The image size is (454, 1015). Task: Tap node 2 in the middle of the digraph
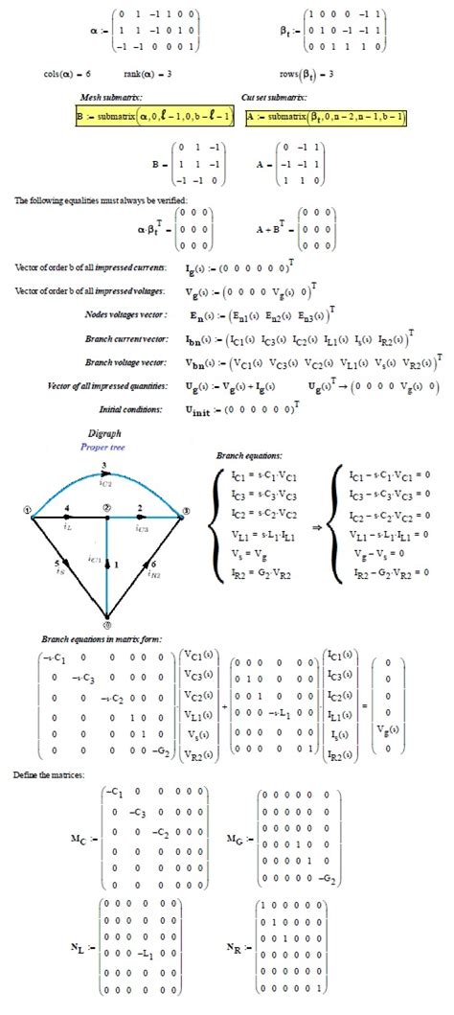(x=107, y=507)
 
